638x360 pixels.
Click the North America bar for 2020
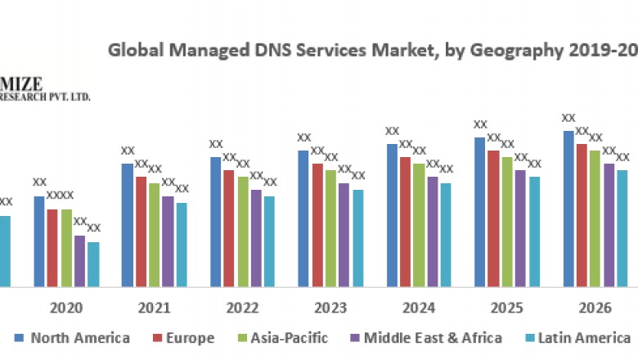(39, 241)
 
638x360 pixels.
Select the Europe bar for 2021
(141, 232)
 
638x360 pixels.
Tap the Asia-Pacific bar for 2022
(243, 232)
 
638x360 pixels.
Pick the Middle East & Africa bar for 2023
(344, 235)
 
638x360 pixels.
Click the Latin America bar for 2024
(446, 235)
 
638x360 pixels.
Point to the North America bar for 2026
(568, 209)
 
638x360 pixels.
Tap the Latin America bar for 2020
(93, 264)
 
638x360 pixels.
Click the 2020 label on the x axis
(66, 308)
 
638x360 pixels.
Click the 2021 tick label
(155, 308)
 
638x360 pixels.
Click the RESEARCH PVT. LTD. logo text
(46, 97)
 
